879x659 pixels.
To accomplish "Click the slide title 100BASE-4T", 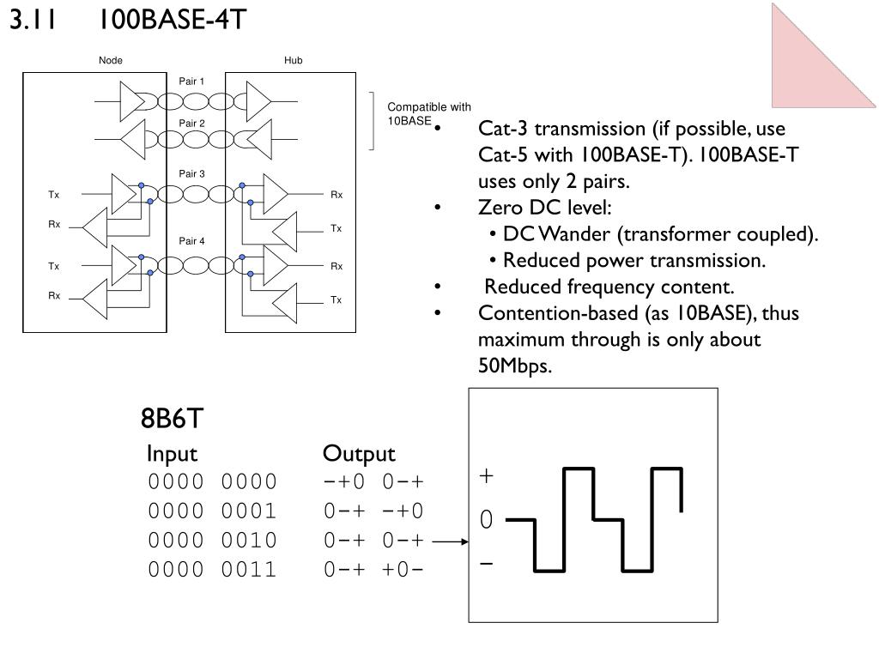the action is point(173,19).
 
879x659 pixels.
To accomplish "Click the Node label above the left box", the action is point(111,61).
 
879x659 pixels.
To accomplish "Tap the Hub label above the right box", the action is point(294,61).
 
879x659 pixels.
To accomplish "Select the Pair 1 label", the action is point(191,82).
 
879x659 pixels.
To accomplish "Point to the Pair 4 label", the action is point(191,241).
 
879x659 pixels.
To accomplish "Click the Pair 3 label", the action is point(191,173).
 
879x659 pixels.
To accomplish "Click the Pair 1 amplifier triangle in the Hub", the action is point(258,101).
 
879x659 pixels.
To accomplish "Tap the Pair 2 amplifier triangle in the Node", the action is point(133,139).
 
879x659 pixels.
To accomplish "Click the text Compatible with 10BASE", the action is point(429,114).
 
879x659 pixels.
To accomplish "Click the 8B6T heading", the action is point(172,418).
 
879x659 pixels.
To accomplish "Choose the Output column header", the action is point(359,454).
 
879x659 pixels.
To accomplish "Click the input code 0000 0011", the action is point(213,570).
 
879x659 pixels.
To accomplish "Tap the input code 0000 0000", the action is point(213,481).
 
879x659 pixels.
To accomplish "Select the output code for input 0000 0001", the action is point(373,511).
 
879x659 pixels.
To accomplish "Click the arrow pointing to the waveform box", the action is point(450,541).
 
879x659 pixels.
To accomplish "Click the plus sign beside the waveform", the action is point(486,475).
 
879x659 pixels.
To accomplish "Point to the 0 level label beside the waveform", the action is point(486,519).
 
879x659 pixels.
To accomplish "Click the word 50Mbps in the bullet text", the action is point(515,366).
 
